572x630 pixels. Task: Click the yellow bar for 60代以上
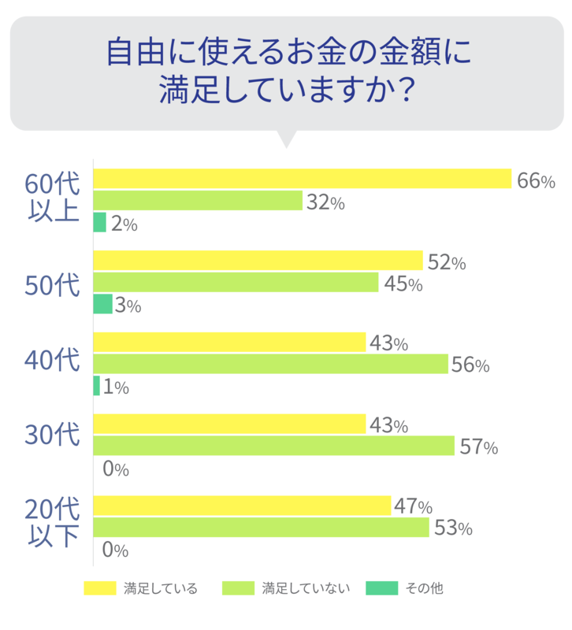[303, 180]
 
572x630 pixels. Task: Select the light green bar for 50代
[236, 283]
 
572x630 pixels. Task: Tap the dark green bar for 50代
[103, 305]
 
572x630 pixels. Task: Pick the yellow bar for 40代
[230, 343]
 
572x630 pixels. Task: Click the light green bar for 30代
[274, 447]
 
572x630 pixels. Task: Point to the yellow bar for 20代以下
[243, 506]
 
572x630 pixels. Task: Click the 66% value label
[537, 181]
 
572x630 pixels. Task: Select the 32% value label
[325, 202]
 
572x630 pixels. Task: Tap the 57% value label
[478, 447]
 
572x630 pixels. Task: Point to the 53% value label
[453, 528]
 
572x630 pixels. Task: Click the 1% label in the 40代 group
[116, 387]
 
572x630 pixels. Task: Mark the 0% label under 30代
[116, 469]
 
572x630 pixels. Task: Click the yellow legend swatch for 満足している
[99, 587]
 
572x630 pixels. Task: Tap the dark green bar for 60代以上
[100, 223]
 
